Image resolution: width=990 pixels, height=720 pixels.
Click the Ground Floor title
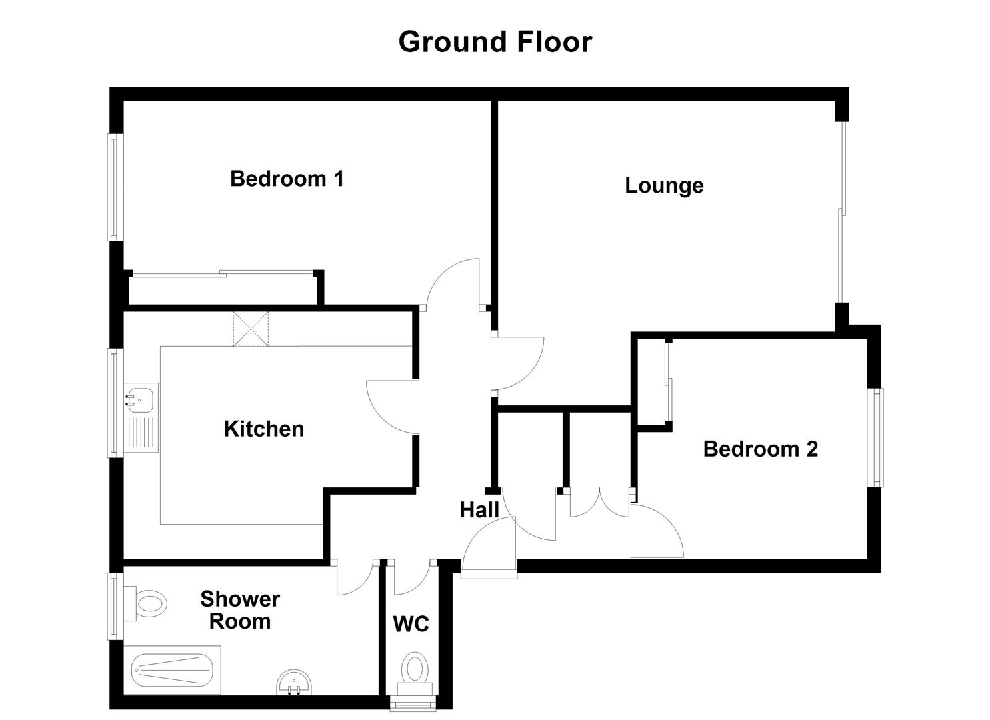495,42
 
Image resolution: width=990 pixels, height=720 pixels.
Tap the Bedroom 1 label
287,179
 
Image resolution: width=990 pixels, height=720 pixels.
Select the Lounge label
664,185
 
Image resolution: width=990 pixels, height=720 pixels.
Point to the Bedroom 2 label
760,449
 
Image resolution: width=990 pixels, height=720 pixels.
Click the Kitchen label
264,429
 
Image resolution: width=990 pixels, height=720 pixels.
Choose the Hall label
479,511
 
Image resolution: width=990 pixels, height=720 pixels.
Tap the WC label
411,625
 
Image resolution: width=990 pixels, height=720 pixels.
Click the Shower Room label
239,610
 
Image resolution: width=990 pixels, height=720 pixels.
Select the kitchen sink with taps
141,398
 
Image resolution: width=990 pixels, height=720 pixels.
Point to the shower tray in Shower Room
172,671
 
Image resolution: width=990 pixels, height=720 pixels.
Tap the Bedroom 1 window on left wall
115,187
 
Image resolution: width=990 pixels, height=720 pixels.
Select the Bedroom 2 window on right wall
877,437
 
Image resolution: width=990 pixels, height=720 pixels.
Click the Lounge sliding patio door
843,212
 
